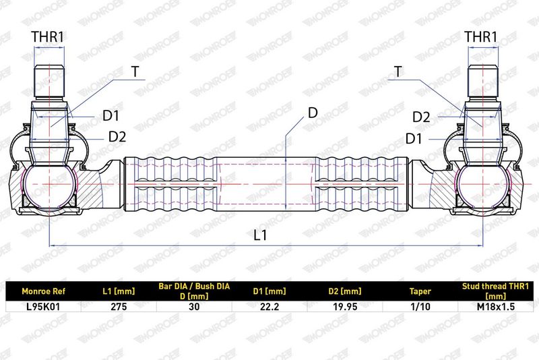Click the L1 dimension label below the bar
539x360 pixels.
(260, 235)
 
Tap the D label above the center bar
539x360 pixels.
(313, 113)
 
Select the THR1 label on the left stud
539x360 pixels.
(47, 37)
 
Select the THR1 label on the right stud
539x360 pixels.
(481, 37)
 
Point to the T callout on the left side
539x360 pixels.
(135, 71)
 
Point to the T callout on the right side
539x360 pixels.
(398, 71)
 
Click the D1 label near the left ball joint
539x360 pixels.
(110, 116)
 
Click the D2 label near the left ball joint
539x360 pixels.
(117, 136)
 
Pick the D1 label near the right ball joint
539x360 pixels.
(414, 139)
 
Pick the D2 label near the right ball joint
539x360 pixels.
(421, 117)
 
